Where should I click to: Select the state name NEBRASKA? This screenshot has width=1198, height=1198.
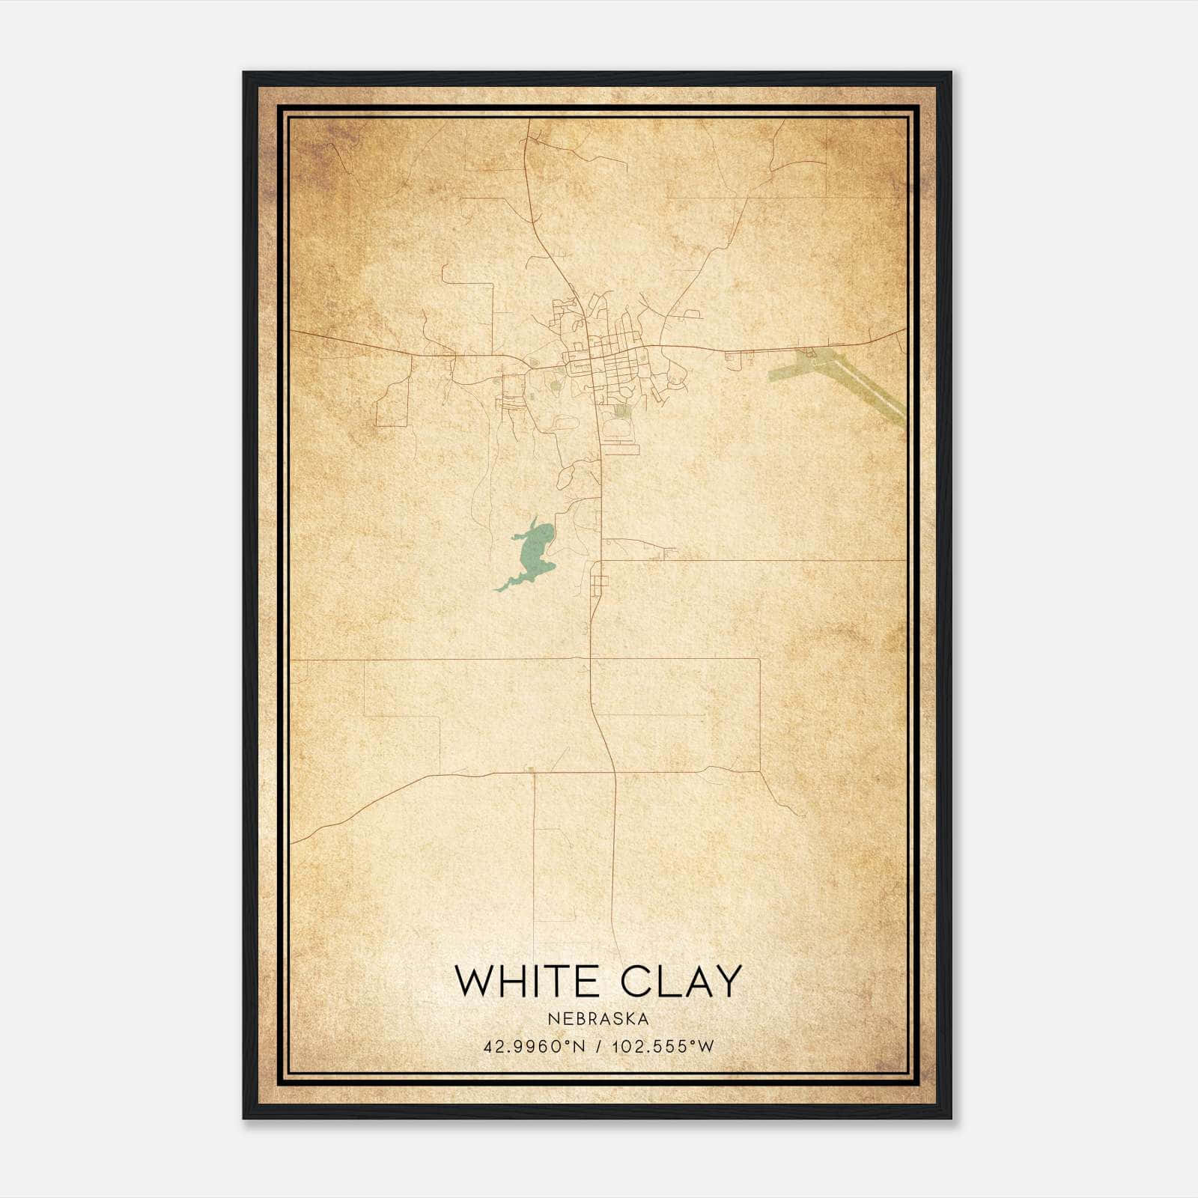[x=598, y=1019]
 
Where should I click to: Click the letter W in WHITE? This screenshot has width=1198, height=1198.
[x=475, y=982]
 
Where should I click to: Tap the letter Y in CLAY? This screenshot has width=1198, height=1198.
[x=726, y=982]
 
